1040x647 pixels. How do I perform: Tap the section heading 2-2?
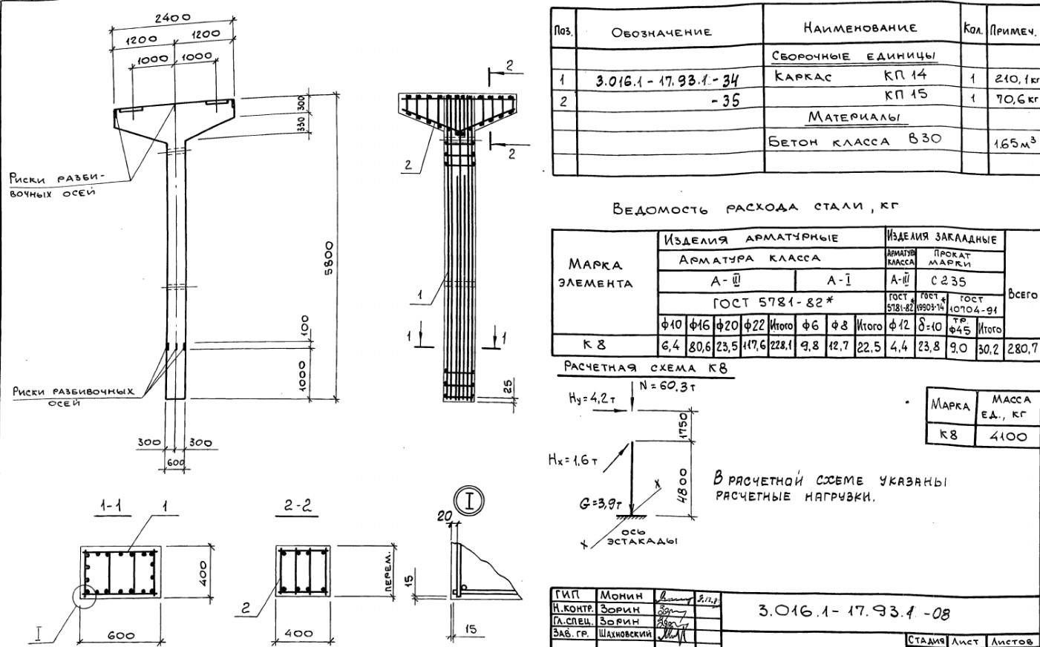(x=298, y=506)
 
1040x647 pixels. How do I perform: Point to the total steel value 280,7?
(x=1022, y=347)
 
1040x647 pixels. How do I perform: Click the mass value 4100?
(x=1007, y=436)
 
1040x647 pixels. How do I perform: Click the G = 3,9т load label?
(x=601, y=504)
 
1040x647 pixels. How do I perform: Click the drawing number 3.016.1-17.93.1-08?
(x=854, y=612)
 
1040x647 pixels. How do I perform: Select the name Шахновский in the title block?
(x=625, y=634)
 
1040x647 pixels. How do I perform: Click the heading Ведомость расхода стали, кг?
(x=754, y=208)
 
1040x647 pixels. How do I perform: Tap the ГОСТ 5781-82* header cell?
(x=771, y=303)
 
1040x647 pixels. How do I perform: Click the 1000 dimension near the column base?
(x=302, y=375)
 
